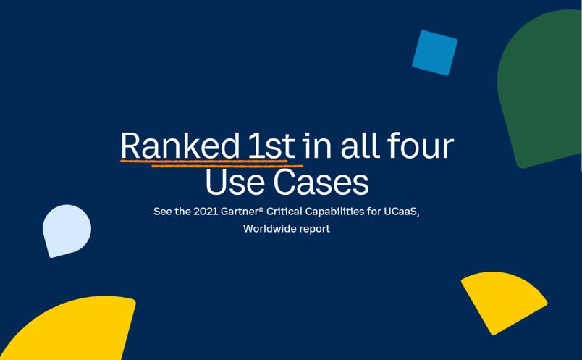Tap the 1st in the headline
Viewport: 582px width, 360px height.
[x=271, y=146]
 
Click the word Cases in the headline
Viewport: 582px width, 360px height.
[x=321, y=182]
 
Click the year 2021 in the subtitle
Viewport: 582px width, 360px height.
[x=206, y=212]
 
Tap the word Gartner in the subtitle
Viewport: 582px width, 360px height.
[x=240, y=212]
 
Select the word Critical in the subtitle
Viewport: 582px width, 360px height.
[x=284, y=212]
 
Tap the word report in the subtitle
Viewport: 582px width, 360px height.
[x=315, y=229]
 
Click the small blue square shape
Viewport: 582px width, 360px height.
[x=434, y=53]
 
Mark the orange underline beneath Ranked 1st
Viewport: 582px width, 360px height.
[x=211, y=163]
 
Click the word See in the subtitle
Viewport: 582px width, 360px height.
[x=161, y=212]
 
